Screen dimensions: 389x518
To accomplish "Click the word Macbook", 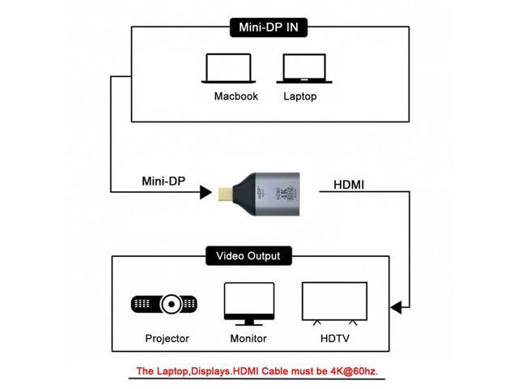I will pos(236,96).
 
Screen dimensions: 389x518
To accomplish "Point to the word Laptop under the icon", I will pos(299,96).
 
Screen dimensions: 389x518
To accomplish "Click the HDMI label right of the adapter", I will pos(349,184).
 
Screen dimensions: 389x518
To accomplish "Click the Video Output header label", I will pos(248,256).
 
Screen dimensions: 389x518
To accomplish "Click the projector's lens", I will pos(172,305).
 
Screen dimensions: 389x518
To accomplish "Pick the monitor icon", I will pos(247,303).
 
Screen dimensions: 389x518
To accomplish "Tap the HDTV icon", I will pos(333,303).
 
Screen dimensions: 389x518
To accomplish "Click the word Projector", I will pos(167,339).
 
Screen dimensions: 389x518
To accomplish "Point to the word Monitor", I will pos(247,339).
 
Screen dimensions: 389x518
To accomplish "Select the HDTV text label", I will pos(333,339).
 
